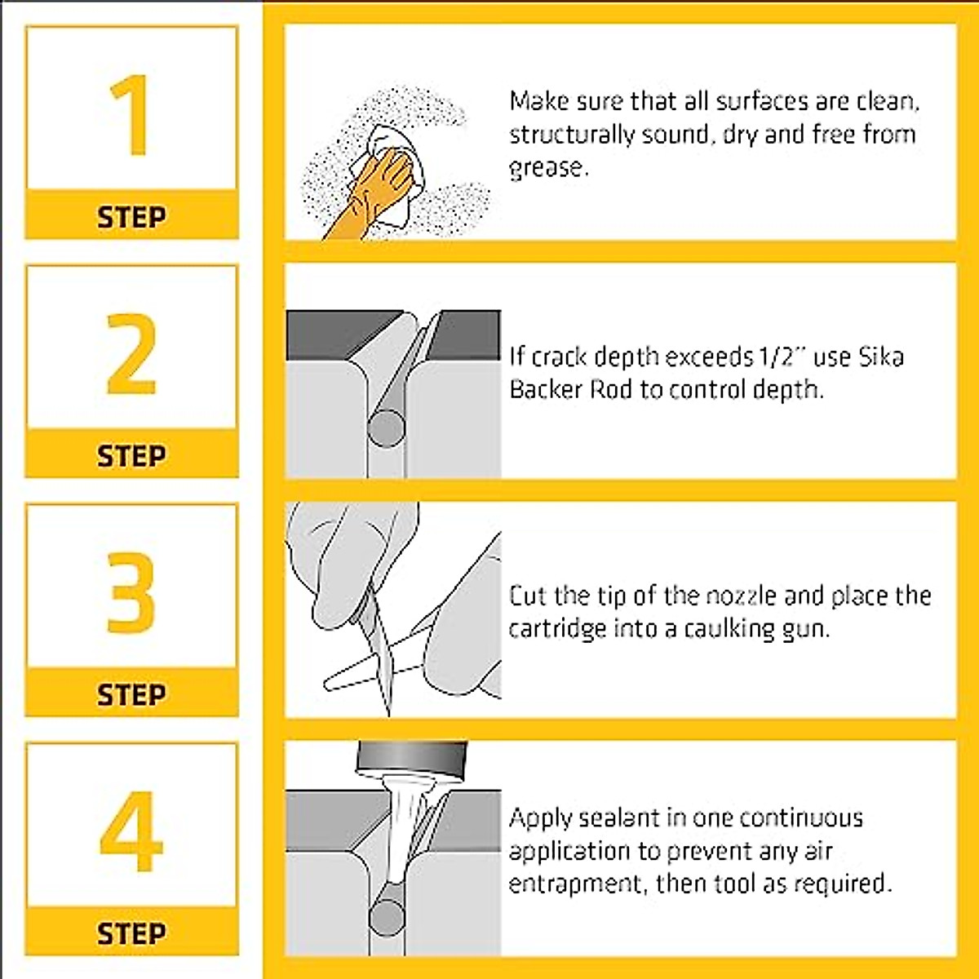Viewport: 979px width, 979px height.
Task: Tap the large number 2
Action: pyautogui.click(x=131, y=354)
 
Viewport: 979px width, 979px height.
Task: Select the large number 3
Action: pyautogui.click(x=131, y=593)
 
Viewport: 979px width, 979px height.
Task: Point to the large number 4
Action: pyautogui.click(x=131, y=831)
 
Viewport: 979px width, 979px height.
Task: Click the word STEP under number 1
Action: pyautogui.click(x=131, y=218)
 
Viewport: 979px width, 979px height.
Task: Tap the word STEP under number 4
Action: pyautogui.click(x=131, y=934)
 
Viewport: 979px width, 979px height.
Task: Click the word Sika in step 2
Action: pyautogui.click(x=881, y=357)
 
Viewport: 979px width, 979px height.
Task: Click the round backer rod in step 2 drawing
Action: pyautogui.click(x=387, y=428)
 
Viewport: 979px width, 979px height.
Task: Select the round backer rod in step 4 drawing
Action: pyautogui.click(x=388, y=916)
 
